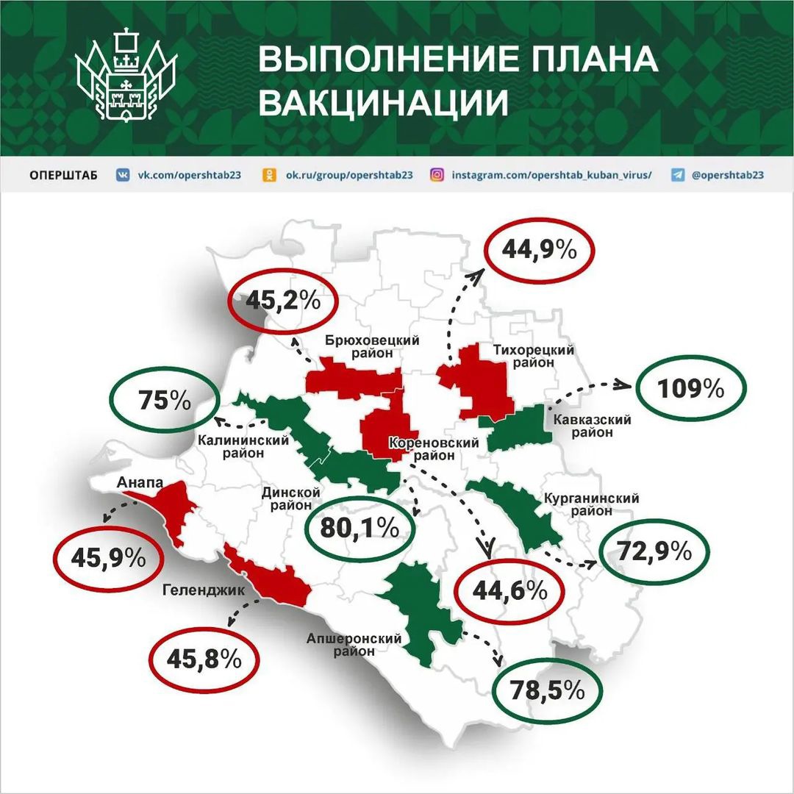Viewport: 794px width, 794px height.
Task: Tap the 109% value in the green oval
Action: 692,388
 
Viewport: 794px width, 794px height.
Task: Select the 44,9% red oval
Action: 539,250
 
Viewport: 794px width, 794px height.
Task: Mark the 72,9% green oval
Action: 656,550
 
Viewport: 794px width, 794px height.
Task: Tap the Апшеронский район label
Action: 355,644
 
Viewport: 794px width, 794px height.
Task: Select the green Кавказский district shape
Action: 518,426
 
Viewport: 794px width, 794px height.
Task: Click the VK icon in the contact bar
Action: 124,175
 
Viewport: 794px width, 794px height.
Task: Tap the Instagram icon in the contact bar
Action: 437,175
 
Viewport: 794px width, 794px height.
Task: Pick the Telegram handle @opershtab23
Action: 728,175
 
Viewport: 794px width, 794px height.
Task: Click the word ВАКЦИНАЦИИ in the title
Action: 385,103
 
